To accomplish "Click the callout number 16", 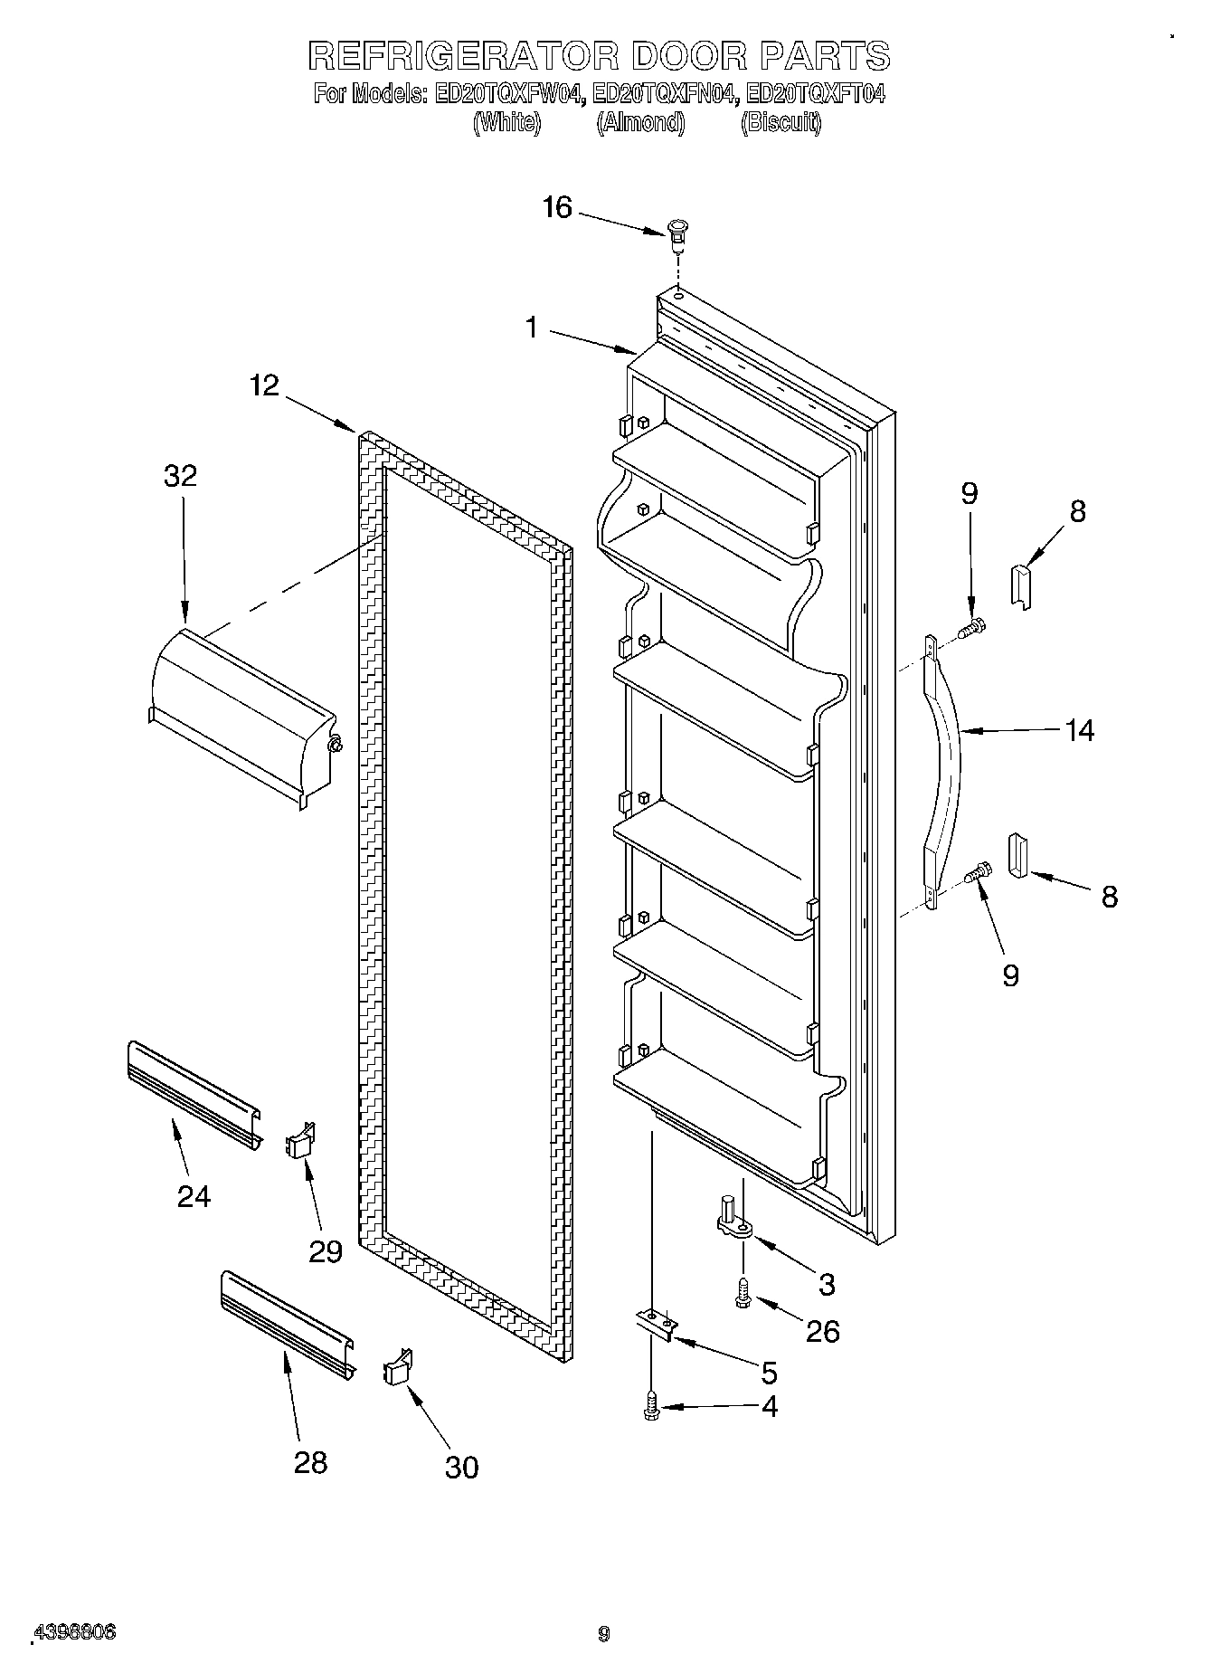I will [x=557, y=208].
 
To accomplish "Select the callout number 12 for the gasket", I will [x=264, y=386].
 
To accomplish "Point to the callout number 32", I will [x=180, y=476].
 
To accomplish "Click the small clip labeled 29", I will [x=301, y=1141].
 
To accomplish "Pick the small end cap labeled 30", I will [x=398, y=1367].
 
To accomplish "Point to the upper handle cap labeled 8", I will [x=1020, y=585].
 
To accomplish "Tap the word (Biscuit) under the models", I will [x=781, y=123].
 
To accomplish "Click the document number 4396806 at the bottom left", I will [x=75, y=1632].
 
